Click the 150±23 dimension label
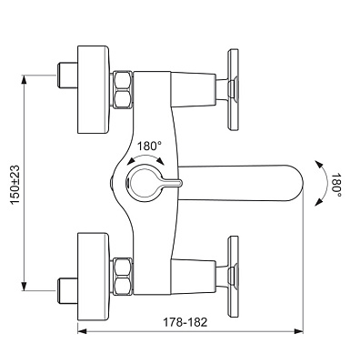point(15,185)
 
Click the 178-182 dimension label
point(185,322)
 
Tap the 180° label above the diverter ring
point(149,147)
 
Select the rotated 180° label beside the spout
point(335,185)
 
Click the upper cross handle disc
point(233,90)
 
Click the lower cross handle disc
point(233,277)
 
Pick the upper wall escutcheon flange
point(94,89)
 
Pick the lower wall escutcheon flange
point(94,277)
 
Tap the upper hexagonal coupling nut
point(123,89)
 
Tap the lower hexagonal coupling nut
point(123,277)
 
